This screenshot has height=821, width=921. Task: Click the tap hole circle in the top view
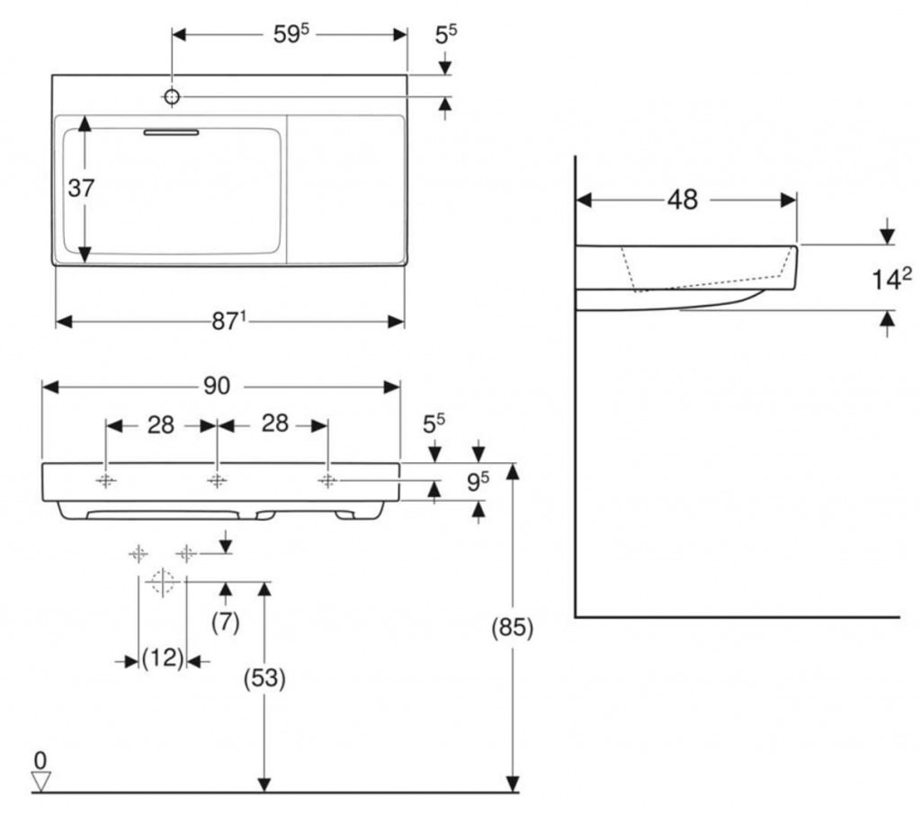coord(172,96)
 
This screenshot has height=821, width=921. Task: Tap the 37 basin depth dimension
coord(82,188)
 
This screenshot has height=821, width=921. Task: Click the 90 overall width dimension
coord(216,386)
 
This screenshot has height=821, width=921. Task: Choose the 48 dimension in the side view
coord(684,199)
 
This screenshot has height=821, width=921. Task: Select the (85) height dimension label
coord(512,628)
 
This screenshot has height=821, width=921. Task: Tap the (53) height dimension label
coord(264,680)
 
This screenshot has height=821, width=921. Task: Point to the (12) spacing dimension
coord(162,659)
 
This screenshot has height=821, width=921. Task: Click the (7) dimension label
coord(225,621)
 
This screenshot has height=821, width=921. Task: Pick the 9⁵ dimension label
coord(478,482)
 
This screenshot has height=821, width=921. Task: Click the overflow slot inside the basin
coord(171,131)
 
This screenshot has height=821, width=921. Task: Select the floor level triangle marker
coord(41,781)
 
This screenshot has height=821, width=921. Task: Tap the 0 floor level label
coord(38,758)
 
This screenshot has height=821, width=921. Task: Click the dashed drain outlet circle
coord(162,581)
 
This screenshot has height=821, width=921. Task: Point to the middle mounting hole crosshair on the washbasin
coord(217,480)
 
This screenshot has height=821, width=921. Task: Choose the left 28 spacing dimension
coord(161,424)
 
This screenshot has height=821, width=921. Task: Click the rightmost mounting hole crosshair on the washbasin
coord(327,480)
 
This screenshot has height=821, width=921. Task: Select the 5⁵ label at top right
coord(446,34)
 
